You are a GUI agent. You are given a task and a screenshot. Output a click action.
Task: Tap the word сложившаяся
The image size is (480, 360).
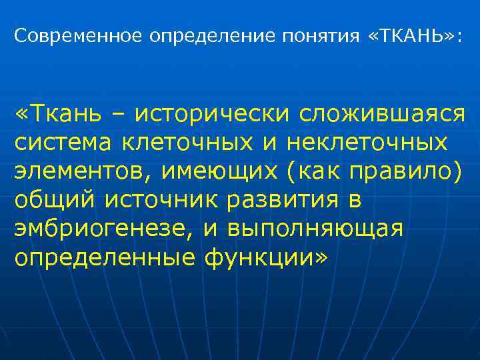pyautogui.click(x=381, y=114)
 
